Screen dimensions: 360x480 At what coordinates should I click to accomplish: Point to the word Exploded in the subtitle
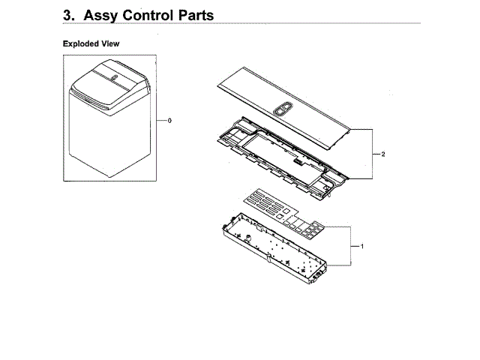(x=80, y=44)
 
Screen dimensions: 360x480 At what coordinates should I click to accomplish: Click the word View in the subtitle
(x=109, y=44)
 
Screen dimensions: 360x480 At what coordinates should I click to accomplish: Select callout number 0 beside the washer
(x=170, y=120)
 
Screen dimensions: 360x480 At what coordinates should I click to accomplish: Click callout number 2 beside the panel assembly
(x=383, y=154)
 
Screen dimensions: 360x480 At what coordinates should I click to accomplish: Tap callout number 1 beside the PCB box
(x=362, y=246)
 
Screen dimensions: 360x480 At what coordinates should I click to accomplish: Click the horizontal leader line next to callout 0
(x=161, y=120)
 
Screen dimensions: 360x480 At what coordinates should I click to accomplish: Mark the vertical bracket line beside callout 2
(x=373, y=154)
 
